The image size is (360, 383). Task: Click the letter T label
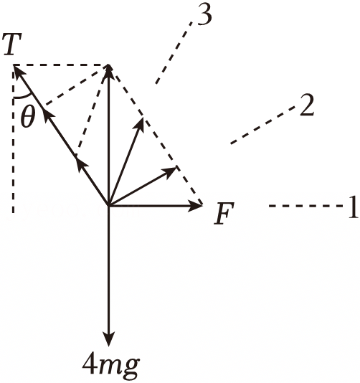[12, 44]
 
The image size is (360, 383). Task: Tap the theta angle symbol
[28, 117]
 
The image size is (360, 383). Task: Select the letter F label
[224, 213]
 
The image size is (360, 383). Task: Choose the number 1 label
[353, 207]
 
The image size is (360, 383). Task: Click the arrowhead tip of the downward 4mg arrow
[108, 346]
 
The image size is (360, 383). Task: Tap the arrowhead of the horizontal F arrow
[202, 206]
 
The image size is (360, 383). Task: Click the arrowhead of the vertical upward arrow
[108, 65]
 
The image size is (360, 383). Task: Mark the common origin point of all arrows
[108, 206]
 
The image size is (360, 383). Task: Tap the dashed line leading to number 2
[262, 125]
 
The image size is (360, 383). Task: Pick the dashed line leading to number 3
[174, 53]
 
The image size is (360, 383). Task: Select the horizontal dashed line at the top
[60, 65]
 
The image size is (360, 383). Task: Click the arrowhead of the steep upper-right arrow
[143, 119]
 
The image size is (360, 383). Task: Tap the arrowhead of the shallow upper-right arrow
[176, 168]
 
